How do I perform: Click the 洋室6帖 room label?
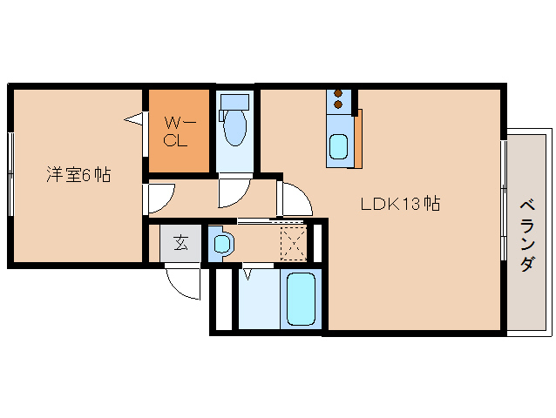pyautogui.click(x=78, y=175)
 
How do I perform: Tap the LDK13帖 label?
pyautogui.click(x=400, y=205)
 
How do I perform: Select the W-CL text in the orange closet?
pyautogui.click(x=177, y=132)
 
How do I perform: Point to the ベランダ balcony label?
pyautogui.click(x=527, y=235)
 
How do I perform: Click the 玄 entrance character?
pyautogui.click(x=180, y=243)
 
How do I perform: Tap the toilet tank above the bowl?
pyautogui.click(x=234, y=101)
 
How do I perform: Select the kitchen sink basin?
pyautogui.click(x=338, y=146)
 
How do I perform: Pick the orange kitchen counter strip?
pyautogui.click(x=358, y=138)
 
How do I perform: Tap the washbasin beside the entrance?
pyautogui.click(x=220, y=243)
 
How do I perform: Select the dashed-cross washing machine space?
pyautogui.click(x=295, y=242)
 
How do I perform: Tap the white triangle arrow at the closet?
pyautogui.click(x=134, y=118)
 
